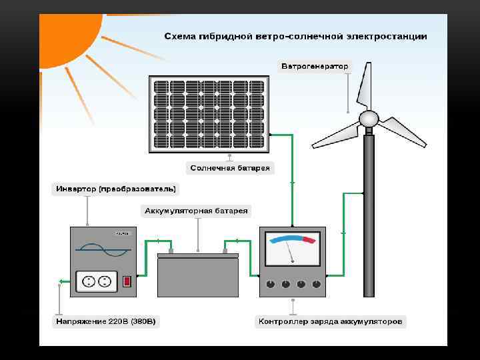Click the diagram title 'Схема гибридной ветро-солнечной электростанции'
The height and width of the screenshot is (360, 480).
click(x=296, y=35)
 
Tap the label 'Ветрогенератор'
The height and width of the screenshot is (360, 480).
click(x=315, y=67)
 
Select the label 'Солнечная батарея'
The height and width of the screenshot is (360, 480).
click(x=230, y=168)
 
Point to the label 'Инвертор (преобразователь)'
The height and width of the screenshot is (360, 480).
click(x=115, y=189)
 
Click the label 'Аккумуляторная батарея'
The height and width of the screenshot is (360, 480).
click(x=196, y=211)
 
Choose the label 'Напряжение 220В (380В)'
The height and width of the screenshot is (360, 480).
click(x=107, y=322)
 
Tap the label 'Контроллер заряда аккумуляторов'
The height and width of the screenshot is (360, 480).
click(x=330, y=322)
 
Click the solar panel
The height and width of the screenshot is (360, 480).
click(x=209, y=114)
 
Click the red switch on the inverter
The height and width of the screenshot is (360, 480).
click(x=127, y=281)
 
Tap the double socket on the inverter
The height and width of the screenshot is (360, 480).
click(x=97, y=281)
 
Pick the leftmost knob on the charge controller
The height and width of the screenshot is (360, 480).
click(x=270, y=284)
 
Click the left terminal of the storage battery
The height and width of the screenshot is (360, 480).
click(x=171, y=251)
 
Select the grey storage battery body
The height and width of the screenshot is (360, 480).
click(x=197, y=275)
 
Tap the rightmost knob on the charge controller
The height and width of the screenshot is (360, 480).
click(x=316, y=284)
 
